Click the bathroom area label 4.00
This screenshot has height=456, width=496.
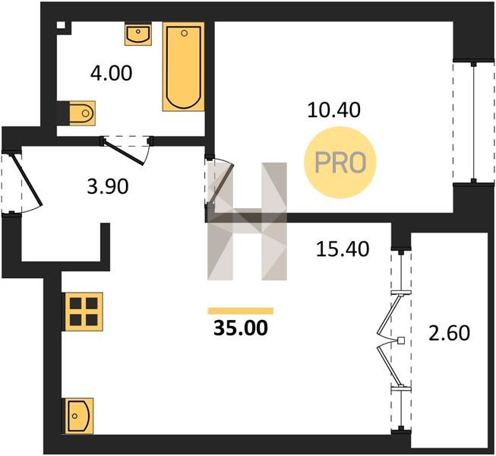[x=111, y=74]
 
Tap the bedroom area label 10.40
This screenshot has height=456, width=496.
[x=333, y=110]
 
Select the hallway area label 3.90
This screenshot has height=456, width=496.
[x=108, y=186]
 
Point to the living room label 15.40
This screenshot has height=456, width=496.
[x=343, y=249]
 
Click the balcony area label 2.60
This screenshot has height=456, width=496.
[x=449, y=333]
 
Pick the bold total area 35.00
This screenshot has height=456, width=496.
[x=241, y=328]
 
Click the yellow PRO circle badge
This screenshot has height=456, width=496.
[x=340, y=163]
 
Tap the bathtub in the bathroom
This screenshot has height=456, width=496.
[x=184, y=66]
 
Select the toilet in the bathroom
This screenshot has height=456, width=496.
[x=81, y=113]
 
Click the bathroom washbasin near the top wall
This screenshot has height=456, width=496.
[x=138, y=34]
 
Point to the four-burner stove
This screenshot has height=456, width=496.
[x=84, y=312]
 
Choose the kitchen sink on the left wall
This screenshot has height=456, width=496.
[x=79, y=416]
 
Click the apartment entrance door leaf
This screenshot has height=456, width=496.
[x=27, y=179]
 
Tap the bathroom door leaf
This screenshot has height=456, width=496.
[x=123, y=153]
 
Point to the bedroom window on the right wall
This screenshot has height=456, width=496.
[x=473, y=122]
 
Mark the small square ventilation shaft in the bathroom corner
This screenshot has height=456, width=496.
[x=61, y=25]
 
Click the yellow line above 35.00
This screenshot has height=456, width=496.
[x=241, y=311]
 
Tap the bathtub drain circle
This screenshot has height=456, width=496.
[x=185, y=33]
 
